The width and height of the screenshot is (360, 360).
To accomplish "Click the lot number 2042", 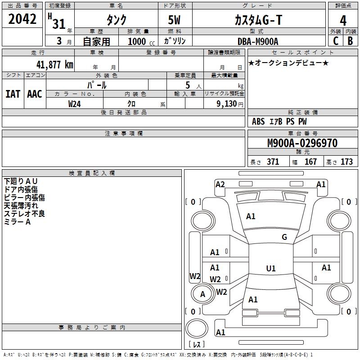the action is coord(22,19).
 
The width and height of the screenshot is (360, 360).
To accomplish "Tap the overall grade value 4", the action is coord(343,20).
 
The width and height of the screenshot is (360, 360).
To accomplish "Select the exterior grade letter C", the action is coord(336,41).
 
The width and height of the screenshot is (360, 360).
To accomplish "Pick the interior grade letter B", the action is coord(350,41).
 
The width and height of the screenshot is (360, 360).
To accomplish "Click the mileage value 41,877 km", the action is coord(55,64).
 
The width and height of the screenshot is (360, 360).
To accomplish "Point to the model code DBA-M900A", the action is coord(258,41).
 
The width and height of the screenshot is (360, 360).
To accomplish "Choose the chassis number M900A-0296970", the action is coord(302,143).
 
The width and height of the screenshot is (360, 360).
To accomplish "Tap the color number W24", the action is coord(74,104).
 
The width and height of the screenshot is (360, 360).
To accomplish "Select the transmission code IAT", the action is coord(13,94).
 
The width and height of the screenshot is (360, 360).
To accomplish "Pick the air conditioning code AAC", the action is coord(35,94).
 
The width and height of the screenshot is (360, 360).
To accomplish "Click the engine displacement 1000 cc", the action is coord(141,41).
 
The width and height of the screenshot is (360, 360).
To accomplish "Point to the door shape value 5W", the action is coord(174,20).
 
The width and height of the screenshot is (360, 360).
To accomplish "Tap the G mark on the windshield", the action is coord(284,237).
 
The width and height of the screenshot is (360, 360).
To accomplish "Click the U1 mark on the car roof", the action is coord(271,268).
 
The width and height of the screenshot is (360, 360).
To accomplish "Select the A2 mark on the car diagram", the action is coord(220,184).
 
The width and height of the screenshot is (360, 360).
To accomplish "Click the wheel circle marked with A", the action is coord(202,294).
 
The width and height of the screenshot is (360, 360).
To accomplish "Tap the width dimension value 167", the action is coord(310,162).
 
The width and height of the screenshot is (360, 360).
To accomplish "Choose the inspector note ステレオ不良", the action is coord(24,214).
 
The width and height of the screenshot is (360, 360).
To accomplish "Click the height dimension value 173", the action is coord(346,162).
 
